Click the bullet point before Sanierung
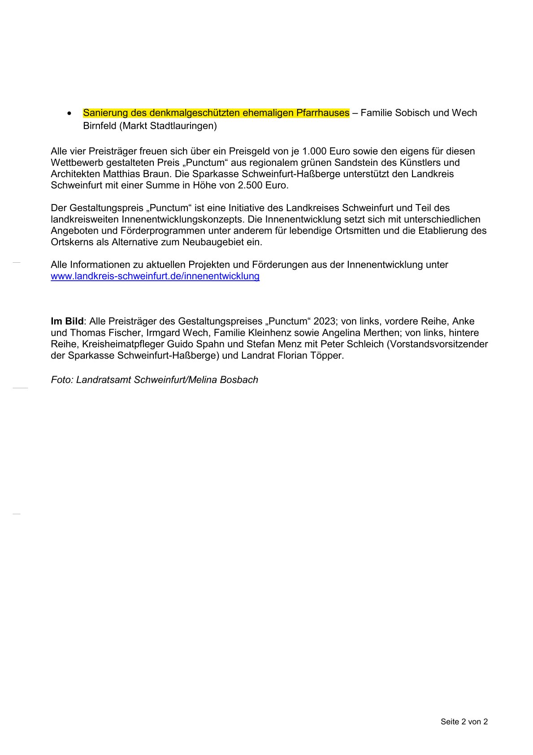pos(69,113)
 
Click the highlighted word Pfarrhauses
pos(322,113)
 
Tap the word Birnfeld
pos(100,126)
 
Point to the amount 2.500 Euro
pos(262,185)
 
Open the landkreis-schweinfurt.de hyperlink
pos(155,276)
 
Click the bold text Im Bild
pos(67,321)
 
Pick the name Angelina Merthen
pos(348,333)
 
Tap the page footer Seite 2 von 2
pos(464,722)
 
